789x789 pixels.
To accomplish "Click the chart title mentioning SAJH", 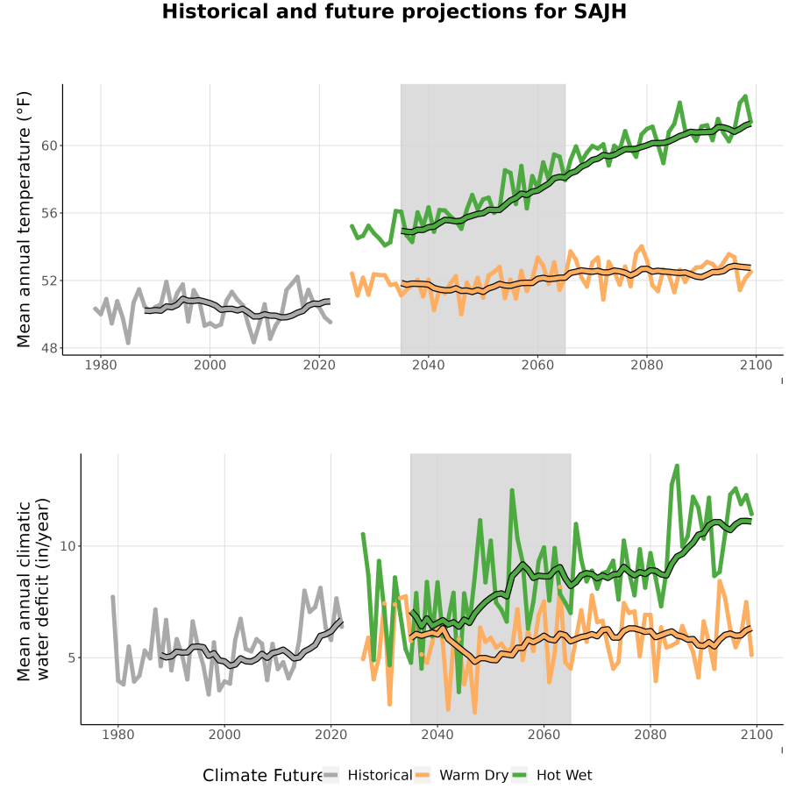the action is [x=394, y=11].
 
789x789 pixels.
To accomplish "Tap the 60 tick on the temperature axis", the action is [x=49, y=146].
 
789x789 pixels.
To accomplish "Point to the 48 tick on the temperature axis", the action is [x=49, y=348].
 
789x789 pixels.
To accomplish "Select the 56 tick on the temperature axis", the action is [x=49, y=213].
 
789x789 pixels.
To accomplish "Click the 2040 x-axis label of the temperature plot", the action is [x=428, y=365].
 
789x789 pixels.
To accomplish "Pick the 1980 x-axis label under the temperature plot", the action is [x=101, y=365].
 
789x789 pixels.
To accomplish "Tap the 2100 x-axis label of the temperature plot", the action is [x=756, y=365].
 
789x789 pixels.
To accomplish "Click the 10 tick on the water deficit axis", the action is [x=68, y=546].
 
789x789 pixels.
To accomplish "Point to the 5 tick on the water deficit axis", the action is [x=72, y=657].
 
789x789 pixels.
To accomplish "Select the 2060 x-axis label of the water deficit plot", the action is [x=544, y=735].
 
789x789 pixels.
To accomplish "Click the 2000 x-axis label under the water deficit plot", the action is [x=224, y=735].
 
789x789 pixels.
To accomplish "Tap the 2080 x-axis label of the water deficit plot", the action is [x=650, y=735].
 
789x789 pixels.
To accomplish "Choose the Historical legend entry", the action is [x=367, y=775].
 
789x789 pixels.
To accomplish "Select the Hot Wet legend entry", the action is [x=552, y=775].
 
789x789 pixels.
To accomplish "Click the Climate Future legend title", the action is [x=262, y=776].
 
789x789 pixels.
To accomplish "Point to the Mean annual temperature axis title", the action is [x=24, y=219].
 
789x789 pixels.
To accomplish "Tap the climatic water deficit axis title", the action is [x=33, y=589].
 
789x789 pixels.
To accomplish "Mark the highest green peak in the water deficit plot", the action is [x=677, y=466].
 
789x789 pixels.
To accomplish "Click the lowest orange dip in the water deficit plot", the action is [x=474, y=713].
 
